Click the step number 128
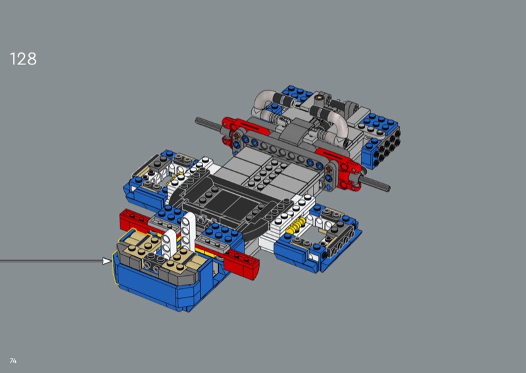tap(23, 59)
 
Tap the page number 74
tap(13, 361)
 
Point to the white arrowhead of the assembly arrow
tap(107, 261)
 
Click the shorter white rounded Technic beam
tap(170, 246)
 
